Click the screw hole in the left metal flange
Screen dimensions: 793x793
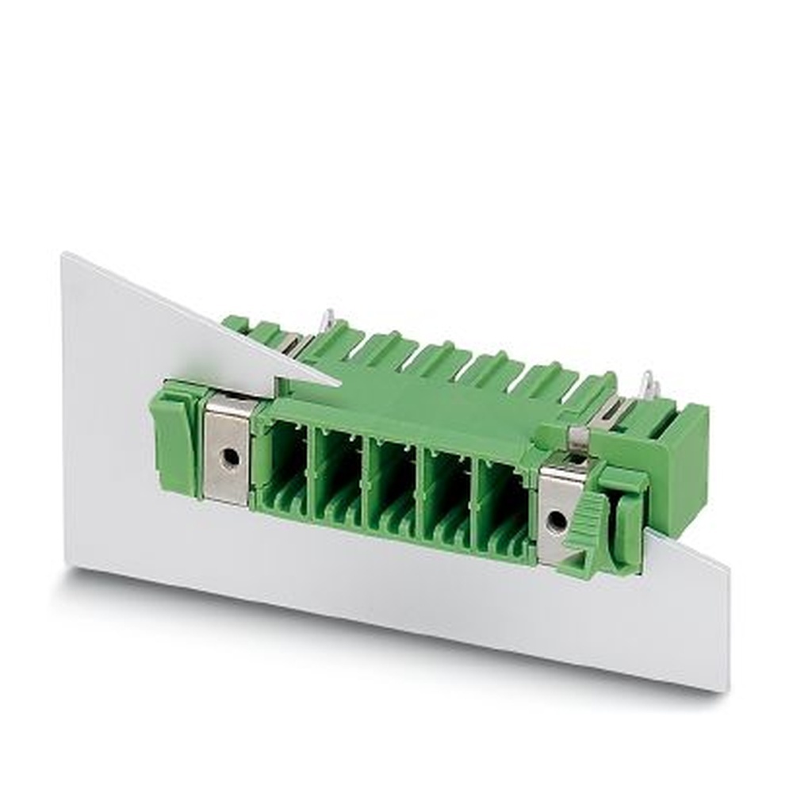230,458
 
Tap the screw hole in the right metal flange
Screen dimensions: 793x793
557,520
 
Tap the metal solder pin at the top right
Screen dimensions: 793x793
650,386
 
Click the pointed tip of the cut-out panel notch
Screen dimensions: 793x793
339,384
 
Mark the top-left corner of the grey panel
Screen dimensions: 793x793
63,255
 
